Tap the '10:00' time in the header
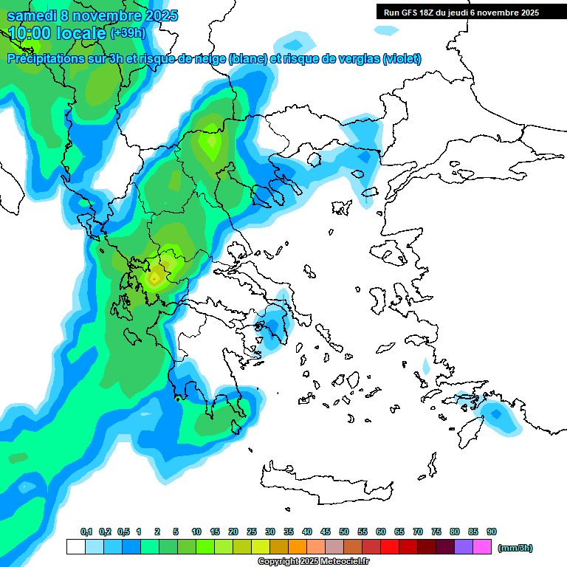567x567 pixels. pos(29,32)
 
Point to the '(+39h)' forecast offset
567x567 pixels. pos(128,32)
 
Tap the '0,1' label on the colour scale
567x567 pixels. pos(86,532)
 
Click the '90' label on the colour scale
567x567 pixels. pos(492,532)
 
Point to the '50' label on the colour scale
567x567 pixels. pos(344,532)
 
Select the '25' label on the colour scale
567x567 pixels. pos(252,532)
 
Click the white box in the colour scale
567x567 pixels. pos(76,547)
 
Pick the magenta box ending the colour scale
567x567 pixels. pos(483,547)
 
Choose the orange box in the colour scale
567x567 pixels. pos(298,547)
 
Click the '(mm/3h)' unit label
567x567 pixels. pos(515,548)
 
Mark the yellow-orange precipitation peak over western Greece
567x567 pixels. pos(155,278)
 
